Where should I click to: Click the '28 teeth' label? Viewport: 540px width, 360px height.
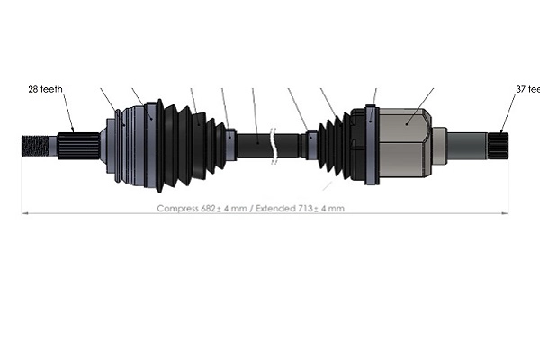[44, 90]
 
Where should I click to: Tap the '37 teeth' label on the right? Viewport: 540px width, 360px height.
[526, 90]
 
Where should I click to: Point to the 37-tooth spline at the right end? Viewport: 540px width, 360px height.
[498, 142]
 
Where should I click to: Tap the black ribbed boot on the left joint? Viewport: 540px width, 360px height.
[184, 144]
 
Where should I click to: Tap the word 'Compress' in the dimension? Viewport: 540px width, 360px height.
[177, 209]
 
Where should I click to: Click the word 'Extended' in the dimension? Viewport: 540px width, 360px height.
[273, 209]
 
